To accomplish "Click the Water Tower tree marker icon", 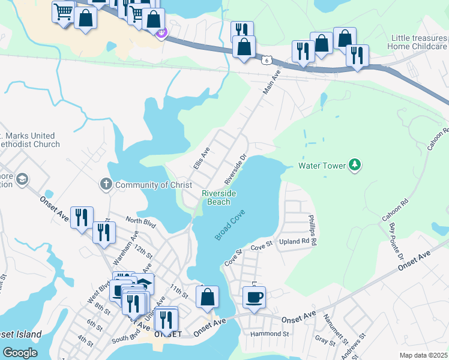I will click(x=355, y=165).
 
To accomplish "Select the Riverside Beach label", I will click(x=219, y=197).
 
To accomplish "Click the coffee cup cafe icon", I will click(x=254, y=297).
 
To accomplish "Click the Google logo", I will click(x=20, y=353).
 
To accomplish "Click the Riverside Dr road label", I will click(x=235, y=170).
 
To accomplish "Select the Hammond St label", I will click(x=270, y=333).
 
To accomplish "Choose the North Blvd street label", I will click(x=141, y=221).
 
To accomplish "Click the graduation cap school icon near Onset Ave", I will click(x=22, y=179).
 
